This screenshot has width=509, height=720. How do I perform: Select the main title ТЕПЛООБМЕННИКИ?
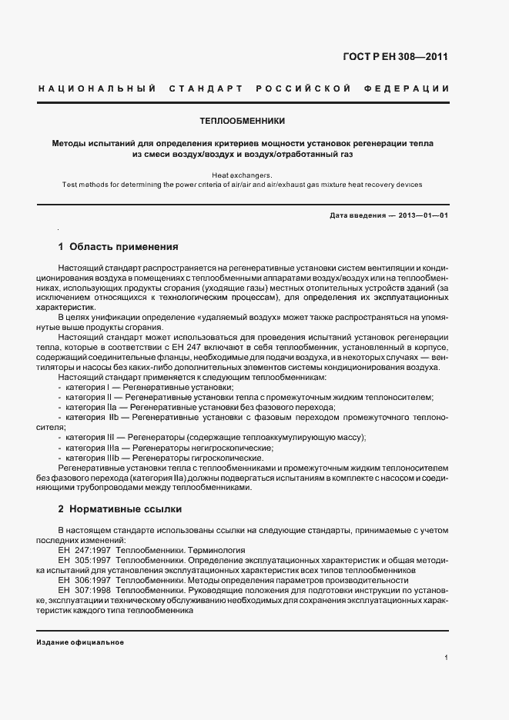(243, 122)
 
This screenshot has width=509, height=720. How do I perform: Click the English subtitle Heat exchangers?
(242, 175)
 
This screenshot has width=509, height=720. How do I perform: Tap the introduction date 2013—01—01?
(423, 216)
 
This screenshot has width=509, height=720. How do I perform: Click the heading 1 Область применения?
(119, 248)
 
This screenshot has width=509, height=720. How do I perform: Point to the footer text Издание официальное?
(80, 642)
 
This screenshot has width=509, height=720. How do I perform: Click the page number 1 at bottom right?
(446, 658)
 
